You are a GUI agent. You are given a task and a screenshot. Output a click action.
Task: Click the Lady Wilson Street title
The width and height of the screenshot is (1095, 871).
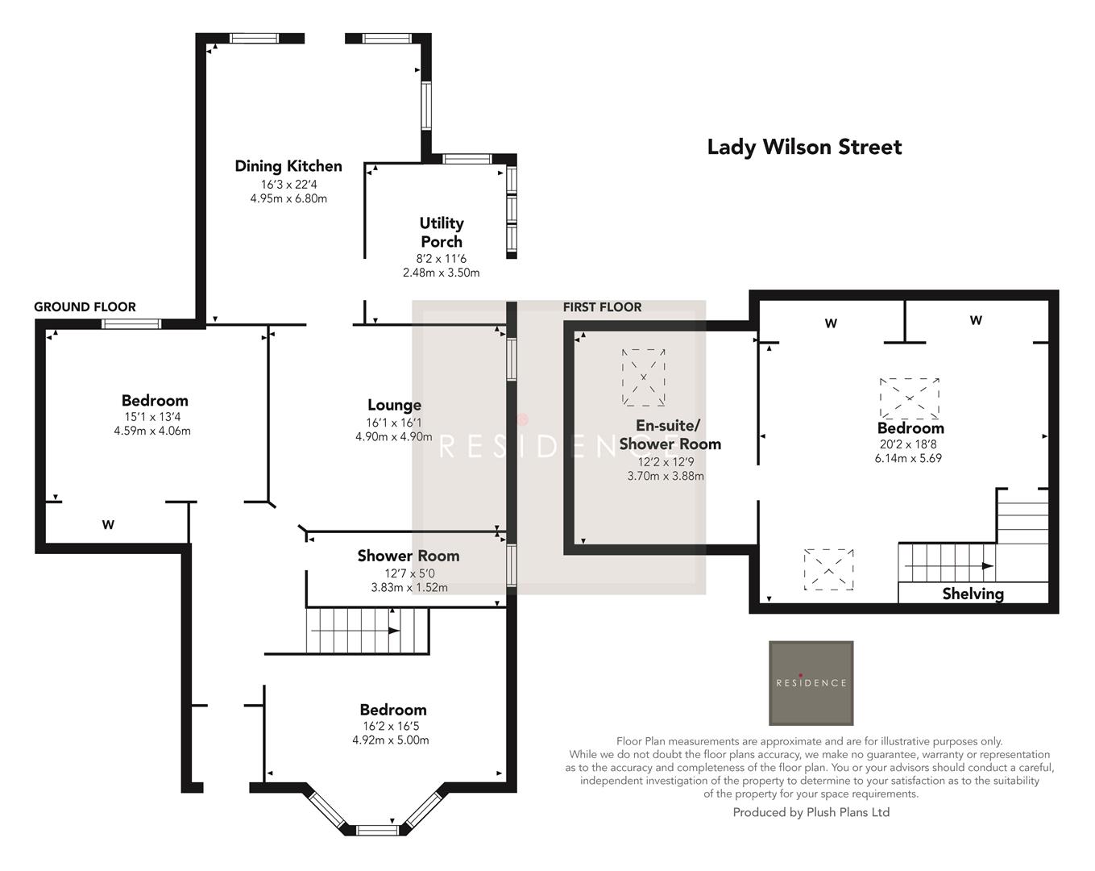(x=804, y=147)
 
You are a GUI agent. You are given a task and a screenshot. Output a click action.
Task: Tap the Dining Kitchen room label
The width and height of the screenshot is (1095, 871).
(x=288, y=166)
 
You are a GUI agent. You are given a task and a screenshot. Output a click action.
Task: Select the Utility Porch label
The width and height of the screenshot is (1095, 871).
(x=441, y=232)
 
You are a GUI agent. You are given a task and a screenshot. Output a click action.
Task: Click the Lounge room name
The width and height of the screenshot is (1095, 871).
(x=394, y=405)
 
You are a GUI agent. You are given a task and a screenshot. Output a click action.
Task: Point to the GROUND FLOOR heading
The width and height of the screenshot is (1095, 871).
(x=85, y=306)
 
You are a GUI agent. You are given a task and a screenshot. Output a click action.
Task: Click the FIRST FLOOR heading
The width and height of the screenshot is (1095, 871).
(x=602, y=306)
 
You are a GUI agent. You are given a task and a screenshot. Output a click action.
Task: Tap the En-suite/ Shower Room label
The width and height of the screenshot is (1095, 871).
(x=669, y=435)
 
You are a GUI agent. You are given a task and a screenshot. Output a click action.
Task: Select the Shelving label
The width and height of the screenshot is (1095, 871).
(x=973, y=594)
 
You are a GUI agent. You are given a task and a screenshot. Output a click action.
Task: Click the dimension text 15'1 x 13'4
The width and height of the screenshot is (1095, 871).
(x=152, y=417)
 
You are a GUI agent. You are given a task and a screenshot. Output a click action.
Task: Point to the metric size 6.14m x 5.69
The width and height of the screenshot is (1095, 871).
(x=908, y=458)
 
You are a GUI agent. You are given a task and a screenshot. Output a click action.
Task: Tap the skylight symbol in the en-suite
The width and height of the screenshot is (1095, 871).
(x=644, y=377)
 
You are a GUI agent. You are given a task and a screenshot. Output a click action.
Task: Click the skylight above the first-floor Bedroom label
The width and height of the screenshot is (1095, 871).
(x=910, y=397)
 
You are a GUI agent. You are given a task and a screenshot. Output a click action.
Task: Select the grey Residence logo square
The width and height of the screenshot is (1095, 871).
(x=811, y=683)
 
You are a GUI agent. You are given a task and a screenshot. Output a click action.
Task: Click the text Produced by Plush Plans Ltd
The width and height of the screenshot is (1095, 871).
(x=811, y=812)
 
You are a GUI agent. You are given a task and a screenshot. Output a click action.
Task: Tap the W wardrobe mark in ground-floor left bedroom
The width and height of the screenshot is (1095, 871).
(x=108, y=525)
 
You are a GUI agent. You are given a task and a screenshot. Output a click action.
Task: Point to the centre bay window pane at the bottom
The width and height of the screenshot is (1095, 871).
(x=377, y=829)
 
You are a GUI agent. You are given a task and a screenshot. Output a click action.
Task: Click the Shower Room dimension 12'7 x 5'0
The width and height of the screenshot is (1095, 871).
(x=409, y=573)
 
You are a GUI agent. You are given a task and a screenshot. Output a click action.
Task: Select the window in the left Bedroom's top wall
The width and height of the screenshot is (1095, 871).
(x=131, y=324)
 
